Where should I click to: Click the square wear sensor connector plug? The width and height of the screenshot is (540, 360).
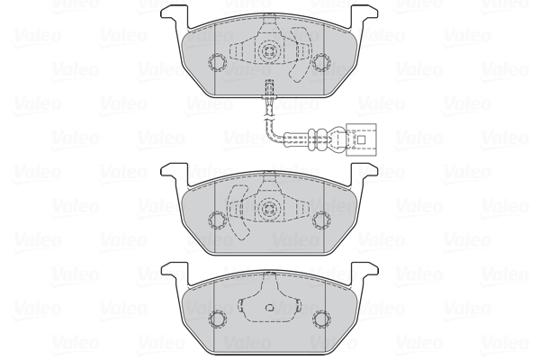pyautogui.click(x=361, y=139)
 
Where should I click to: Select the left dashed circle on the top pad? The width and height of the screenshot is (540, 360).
pyautogui.click(x=217, y=62)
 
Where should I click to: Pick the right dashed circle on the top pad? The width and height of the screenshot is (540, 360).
pyautogui.click(x=321, y=62)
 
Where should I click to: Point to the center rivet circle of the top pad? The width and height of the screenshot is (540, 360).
pyautogui.click(x=269, y=52)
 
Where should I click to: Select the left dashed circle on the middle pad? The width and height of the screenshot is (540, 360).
pyautogui.click(x=217, y=220)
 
